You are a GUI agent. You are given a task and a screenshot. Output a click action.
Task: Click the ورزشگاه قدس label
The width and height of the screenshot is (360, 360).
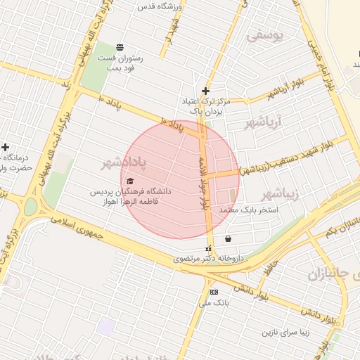coord(162,7)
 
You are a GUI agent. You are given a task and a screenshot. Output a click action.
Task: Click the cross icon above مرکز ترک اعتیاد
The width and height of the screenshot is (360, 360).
coord(205,91)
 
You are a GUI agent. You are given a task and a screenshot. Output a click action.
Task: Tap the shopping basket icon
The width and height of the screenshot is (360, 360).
coord(229,239)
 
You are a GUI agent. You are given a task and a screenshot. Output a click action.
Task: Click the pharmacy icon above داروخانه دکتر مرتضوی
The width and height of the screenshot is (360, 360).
coord(208,249)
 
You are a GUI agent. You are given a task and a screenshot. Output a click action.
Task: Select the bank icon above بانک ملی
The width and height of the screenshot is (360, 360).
coord(213,292)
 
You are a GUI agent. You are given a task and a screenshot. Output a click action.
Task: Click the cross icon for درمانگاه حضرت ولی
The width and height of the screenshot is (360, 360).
coord(6,147)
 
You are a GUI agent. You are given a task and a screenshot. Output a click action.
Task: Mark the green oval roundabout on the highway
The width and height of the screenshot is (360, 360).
coord(30,207)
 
